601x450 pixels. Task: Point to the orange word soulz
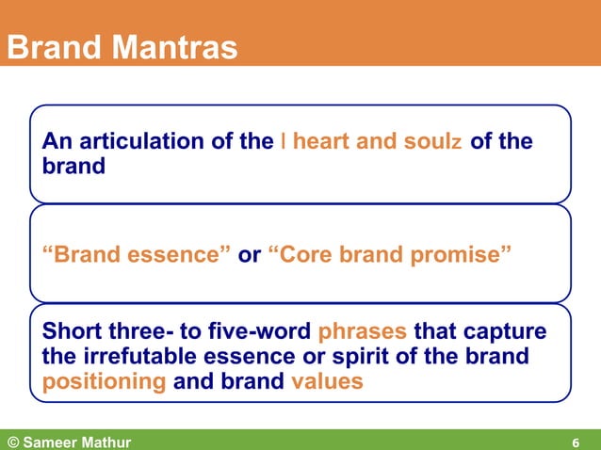432,142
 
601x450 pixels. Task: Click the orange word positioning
105,382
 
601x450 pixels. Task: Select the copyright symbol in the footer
13,441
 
